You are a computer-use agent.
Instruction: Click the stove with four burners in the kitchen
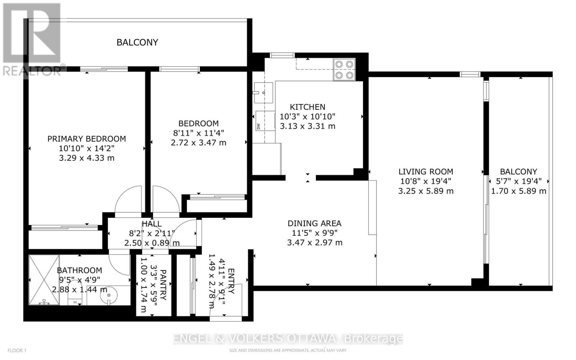click(x=344, y=70)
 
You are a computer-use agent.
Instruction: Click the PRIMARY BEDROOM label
click(x=87, y=139)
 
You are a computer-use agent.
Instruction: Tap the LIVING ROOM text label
click(x=426, y=172)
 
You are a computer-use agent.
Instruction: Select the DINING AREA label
click(x=314, y=224)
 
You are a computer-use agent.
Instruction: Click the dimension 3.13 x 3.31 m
click(x=307, y=126)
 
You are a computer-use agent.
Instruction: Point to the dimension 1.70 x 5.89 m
click(x=518, y=191)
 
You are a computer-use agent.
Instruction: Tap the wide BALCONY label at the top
click(x=137, y=42)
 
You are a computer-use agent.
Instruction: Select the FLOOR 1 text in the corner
click(x=17, y=350)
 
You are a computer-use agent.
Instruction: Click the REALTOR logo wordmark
click(x=32, y=71)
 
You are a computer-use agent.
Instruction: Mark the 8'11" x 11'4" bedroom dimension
click(x=199, y=133)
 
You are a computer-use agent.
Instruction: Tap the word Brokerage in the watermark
click(x=373, y=339)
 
